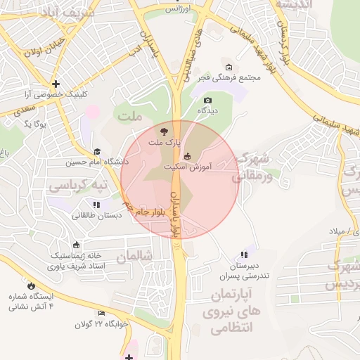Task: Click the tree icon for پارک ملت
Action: pos(164,131)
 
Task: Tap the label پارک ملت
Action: pos(164,143)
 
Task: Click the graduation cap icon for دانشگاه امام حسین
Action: pos(96,151)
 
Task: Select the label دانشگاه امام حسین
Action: pos(89,162)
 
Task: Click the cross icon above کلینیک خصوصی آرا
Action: pos(56,84)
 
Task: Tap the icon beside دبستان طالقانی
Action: pos(96,205)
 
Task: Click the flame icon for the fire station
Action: pos(31,285)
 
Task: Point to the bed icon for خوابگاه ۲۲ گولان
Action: pos(102,313)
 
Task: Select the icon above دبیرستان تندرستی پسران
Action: pos(244,255)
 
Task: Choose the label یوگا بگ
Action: pos(35,124)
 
